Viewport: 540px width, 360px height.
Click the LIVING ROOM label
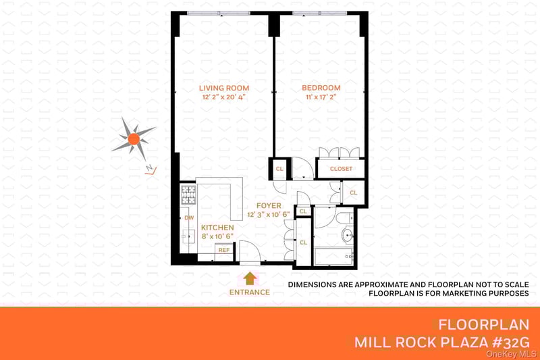(x=224, y=88)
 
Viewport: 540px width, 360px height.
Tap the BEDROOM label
(x=321, y=88)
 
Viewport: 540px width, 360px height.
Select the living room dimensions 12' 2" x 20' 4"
(x=224, y=97)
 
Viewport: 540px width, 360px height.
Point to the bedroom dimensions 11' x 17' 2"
(x=321, y=97)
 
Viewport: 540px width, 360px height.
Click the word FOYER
(x=269, y=205)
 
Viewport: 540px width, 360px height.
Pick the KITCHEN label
(x=217, y=228)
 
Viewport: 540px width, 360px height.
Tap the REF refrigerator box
(x=224, y=250)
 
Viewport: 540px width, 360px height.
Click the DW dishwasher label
(x=189, y=217)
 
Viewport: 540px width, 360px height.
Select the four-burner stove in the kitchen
(x=189, y=195)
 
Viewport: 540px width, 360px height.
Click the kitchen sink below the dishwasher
(x=189, y=236)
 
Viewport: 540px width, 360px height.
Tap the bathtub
(x=333, y=257)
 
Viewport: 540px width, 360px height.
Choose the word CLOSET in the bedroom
(x=341, y=169)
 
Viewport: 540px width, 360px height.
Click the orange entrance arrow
(x=250, y=278)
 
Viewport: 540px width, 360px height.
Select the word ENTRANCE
(x=250, y=292)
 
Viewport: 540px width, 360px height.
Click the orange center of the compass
(x=134, y=139)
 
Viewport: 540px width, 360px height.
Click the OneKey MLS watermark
(x=512, y=354)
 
